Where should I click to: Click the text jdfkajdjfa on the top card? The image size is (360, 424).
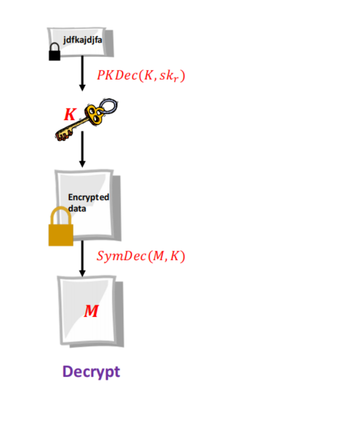tap(83, 40)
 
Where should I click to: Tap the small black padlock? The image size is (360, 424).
tap(54, 52)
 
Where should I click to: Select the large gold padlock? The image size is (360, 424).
tap(61, 227)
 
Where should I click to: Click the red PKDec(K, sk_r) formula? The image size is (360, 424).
tap(141, 75)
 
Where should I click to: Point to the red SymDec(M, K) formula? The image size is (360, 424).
tap(141, 256)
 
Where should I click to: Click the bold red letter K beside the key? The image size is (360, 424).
tap(70, 114)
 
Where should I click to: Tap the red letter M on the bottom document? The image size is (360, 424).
tap(91, 311)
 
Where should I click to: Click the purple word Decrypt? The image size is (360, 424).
tap(91, 372)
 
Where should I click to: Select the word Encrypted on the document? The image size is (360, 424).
tap(89, 197)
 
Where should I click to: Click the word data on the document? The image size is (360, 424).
tap(77, 209)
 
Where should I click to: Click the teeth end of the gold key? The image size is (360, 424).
tap(63, 135)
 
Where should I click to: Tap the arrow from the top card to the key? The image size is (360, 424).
tap(82, 73)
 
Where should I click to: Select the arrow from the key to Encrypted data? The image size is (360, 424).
tap(82, 149)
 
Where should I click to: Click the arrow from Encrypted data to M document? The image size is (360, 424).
tap(82, 259)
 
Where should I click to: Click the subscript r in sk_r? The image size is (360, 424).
tap(176, 79)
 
